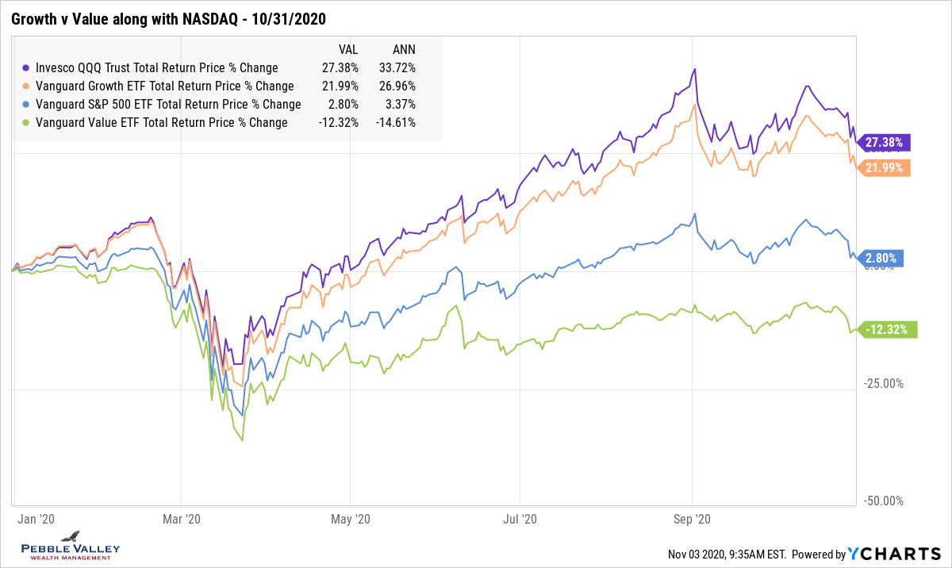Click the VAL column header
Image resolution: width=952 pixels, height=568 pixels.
(x=348, y=48)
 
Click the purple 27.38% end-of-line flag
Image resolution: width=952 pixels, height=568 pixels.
(x=884, y=143)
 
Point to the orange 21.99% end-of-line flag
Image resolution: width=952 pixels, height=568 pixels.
(x=884, y=168)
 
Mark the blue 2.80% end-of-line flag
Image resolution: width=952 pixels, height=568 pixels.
(x=881, y=258)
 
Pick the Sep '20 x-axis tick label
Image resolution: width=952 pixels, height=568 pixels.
(x=693, y=520)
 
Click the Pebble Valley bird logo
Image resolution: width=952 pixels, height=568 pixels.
(x=71, y=537)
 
